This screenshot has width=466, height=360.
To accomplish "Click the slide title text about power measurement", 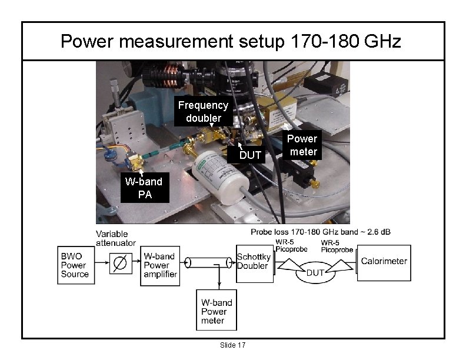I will coord(231,42).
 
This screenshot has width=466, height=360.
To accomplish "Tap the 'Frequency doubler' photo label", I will coord(203,112).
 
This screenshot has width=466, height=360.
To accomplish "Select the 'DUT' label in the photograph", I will coord(249,155).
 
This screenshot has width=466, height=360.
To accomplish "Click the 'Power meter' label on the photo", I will coord(302,145).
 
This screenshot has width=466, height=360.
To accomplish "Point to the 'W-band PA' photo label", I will coord(144,188).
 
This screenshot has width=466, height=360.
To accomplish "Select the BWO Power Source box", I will coord(75,265).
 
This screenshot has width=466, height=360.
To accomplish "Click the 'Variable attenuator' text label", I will coord(116,238).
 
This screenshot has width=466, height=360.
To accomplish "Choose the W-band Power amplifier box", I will coord(159,265).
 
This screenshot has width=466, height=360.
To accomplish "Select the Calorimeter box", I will coord(384,262).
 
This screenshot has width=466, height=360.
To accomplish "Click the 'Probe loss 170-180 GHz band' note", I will coord(321,232).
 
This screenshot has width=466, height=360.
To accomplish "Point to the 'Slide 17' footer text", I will coord(232,345).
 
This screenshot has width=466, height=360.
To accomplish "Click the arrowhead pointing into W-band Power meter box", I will coord(219,286).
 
